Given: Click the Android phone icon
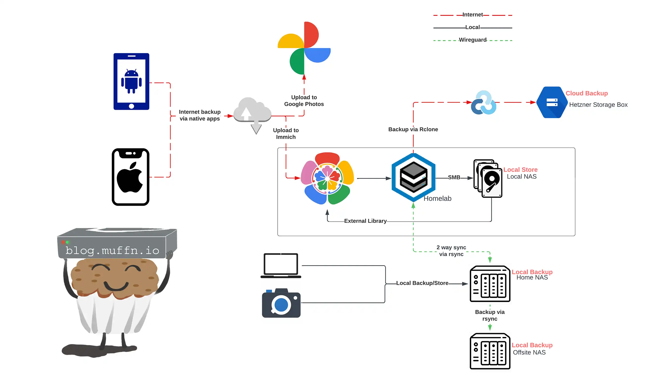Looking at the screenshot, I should [x=131, y=81].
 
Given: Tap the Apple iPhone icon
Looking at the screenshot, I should [x=130, y=177].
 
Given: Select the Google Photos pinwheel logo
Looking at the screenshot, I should [x=304, y=48].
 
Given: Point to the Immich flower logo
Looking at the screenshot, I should [x=327, y=178].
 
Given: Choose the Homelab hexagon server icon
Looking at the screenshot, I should [x=413, y=177].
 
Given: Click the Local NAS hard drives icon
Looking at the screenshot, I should [x=487, y=178].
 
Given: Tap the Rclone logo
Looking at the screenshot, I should [x=483, y=102].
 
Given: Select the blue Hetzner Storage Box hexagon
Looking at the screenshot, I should [x=552, y=102].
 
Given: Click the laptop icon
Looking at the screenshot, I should [x=280, y=265].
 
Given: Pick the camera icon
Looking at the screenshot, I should [x=281, y=303].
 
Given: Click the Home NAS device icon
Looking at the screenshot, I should [x=490, y=283].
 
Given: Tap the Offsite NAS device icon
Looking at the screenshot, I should [x=490, y=351].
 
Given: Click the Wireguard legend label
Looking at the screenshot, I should [x=473, y=40].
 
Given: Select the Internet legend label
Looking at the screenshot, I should [x=473, y=15].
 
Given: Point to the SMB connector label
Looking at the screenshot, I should [x=454, y=177].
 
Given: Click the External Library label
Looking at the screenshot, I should [x=365, y=221].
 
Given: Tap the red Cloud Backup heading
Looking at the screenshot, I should [x=586, y=93].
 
